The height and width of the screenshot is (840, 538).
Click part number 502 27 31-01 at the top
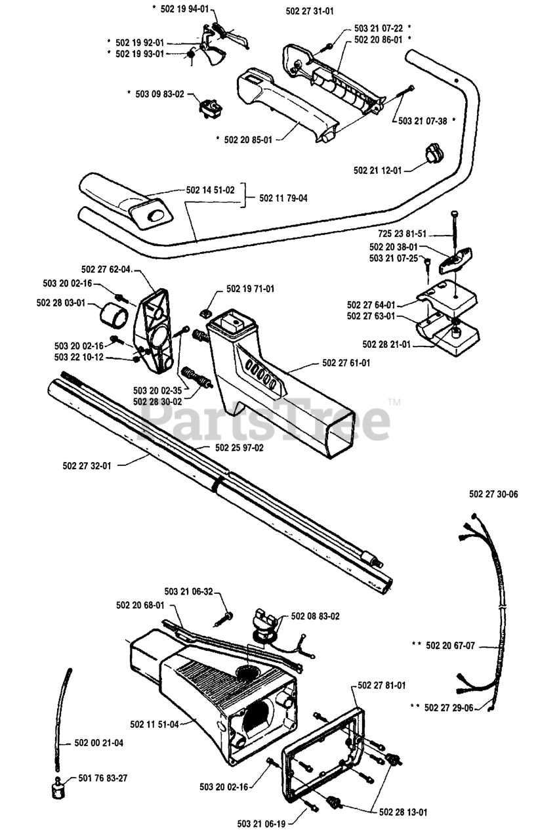click(309, 11)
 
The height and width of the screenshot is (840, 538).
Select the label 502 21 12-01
click(377, 171)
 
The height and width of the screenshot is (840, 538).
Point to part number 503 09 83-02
click(159, 94)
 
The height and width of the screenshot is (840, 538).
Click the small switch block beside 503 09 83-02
click(211, 108)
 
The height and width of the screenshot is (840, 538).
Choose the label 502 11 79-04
click(283, 198)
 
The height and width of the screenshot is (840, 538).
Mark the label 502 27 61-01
click(346, 363)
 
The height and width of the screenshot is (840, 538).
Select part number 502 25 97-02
click(239, 448)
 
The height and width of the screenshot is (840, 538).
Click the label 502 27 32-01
click(87, 466)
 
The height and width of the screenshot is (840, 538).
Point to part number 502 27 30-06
click(493, 494)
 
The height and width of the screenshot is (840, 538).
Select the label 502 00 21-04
click(99, 743)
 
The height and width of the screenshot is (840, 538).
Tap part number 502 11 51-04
click(154, 724)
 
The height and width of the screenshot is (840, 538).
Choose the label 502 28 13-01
click(403, 810)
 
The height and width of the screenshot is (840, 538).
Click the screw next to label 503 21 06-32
click(224, 619)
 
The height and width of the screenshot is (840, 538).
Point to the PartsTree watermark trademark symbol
click(394, 402)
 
